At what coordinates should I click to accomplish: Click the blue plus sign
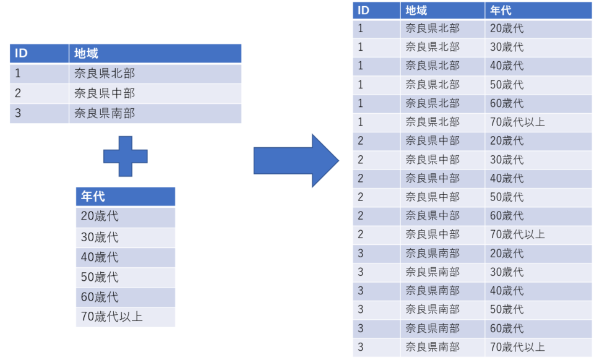[x=126, y=156]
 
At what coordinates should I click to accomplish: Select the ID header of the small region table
[x=21, y=53]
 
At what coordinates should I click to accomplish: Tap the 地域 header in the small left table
[x=86, y=53]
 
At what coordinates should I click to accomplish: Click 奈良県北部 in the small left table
[x=105, y=74]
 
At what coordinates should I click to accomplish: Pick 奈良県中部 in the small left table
[x=105, y=93]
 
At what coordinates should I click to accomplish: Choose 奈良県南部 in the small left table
[x=105, y=113]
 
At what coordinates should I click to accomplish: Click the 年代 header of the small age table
[x=93, y=197]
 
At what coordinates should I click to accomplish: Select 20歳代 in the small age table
[x=100, y=216]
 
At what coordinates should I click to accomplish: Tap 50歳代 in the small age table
[x=100, y=277]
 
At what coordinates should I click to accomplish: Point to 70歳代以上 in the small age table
[x=112, y=317]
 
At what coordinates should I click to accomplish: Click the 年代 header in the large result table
[x=501, y=11]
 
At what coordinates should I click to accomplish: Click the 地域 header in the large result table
[x=416, y=11]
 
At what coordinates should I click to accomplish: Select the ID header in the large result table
[x=363, y=11]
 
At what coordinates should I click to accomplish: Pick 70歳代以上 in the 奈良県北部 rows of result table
[x=517, y=122]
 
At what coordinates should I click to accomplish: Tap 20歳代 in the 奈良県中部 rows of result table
[x=507, y=141]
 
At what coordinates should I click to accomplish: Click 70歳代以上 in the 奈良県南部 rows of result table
[x=517, y=347]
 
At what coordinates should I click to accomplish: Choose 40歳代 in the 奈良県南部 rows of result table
[x=507, y=291]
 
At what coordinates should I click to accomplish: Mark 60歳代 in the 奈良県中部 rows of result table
[x=507, y=216]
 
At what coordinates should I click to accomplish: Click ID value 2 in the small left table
[x=18, y=93]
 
